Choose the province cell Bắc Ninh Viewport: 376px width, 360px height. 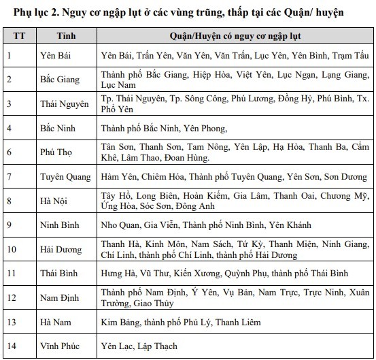pos(58,127)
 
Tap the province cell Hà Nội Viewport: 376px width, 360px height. pos(54,200)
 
